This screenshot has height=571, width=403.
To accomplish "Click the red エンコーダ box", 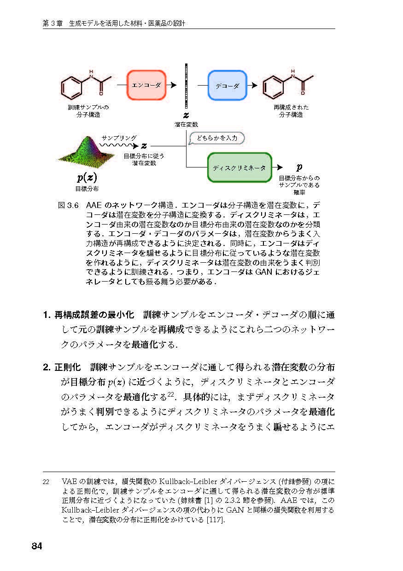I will [x=146, y=85].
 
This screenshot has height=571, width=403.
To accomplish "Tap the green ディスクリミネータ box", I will [x=239, y=167].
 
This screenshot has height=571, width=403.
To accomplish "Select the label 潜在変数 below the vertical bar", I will [x=186, y=124].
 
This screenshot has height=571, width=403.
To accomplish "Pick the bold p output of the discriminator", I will [x=299, y=167].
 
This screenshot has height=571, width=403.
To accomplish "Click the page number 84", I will [x=37, y=546].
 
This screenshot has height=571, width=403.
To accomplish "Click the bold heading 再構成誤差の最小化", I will [x=94, y=315].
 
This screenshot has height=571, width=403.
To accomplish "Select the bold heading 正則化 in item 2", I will [x=68, y=368].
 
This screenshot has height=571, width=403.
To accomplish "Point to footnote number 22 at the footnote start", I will [x=46, y=482].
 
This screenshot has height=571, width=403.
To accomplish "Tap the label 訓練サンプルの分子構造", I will [x=88, y=111].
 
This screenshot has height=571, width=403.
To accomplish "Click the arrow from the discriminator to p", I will [x=279, y=167].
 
